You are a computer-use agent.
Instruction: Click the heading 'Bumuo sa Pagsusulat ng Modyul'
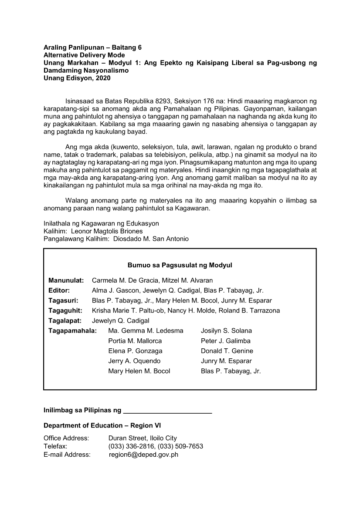click(x=180, y=265)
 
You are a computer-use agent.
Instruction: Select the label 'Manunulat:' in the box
click(x=66, y=280)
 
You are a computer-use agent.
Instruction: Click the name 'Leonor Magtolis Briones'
click(x=106, y=231)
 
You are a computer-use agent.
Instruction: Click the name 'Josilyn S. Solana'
click(x=226, y=331)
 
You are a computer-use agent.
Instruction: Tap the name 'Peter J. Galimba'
click(x=225, y=341)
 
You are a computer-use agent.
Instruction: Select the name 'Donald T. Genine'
click(x=227, y=351)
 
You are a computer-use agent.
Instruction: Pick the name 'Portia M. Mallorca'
click(x=135, y=341)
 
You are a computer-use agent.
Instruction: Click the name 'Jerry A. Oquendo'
click(x=134, y=361)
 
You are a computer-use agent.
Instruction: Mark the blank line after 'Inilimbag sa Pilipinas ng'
click(x=168, y=411)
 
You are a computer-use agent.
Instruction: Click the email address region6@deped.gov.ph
click(x=143, y=455)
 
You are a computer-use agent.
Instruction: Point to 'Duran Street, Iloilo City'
click(x=143, y=438)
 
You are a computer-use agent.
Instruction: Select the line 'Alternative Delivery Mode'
click(x=84, y=55)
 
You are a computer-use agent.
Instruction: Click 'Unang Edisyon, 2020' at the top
click(x=77, y=78)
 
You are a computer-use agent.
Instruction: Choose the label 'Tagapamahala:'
click(x=72, y=331)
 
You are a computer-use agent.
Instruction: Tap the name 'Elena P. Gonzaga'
click(x=135, y=351)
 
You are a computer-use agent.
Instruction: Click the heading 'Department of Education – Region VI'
click(x=102, y=425)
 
